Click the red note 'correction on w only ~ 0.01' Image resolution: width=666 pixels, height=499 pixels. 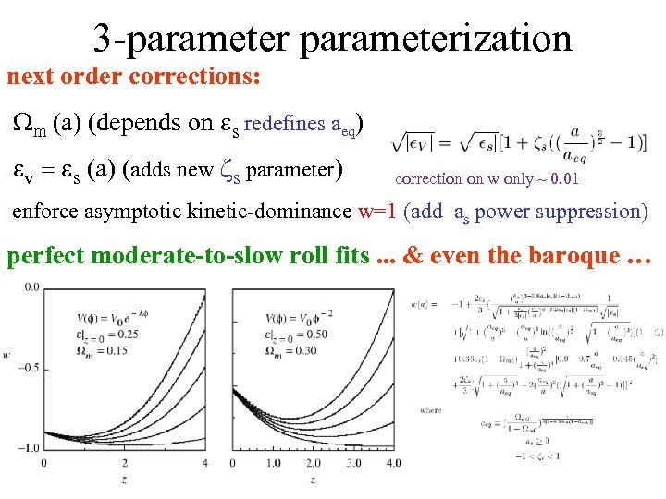(x=487, y=178)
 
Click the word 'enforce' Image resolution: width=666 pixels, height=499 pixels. (x=45, y=212)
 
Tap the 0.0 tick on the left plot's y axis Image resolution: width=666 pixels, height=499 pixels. (x=31, y=287)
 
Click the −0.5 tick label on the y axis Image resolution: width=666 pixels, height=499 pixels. (x=28, y=367)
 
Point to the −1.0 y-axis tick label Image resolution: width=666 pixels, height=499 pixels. (x=28, y=448)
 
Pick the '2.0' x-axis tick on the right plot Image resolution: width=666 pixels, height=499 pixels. (x=315, y=462)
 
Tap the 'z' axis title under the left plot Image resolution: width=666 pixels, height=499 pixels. (x=123, y=480)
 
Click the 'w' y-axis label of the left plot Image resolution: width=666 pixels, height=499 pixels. (x=7, y=354)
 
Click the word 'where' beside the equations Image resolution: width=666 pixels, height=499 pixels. (x=430, y=409)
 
